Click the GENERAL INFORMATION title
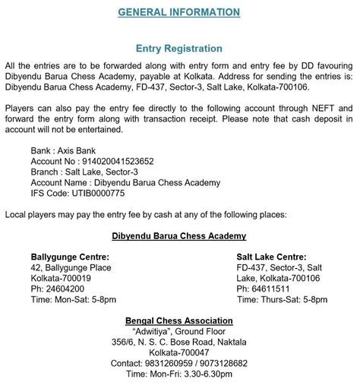coord(179,12)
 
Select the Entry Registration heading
coord(179,49)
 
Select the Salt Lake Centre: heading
coord(271,257)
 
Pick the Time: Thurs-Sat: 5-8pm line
coord(282,300)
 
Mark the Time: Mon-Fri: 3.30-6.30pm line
coord(179,374)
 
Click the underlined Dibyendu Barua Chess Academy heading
coord(179,236)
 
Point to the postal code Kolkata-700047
coord(179,353)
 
